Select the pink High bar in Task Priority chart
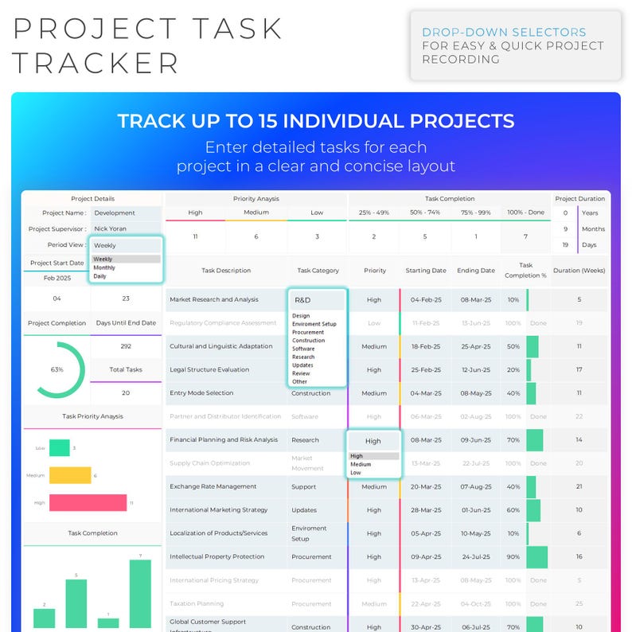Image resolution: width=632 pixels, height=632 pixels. click(88, 502)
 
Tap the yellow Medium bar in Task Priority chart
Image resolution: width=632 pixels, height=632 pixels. click(70, 475)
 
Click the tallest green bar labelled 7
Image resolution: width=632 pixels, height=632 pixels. click(140, 594)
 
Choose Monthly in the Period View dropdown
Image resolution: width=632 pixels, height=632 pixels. click(104, 267)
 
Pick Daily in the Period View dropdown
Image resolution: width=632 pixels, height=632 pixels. click(100, 276)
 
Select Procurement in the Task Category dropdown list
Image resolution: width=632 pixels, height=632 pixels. click(308, 333)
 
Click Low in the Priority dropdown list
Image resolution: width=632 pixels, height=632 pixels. click(355, 473)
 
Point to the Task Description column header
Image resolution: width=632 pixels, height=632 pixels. click(226, 271)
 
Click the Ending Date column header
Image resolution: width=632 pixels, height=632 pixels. click(475, 271)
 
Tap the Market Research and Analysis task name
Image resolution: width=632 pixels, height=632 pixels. click(214, 300)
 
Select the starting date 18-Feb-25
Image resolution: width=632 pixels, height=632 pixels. click(425, 347)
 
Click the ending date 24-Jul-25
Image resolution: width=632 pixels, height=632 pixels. click(475, 557)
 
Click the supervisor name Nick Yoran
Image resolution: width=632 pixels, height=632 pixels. click(110, 229)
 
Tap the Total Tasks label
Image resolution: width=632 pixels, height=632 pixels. click(126, 369)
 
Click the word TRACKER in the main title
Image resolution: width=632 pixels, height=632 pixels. click(96, 62)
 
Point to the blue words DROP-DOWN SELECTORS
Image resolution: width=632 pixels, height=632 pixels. click(504, 33)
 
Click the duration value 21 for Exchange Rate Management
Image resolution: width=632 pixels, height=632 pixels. click(579, 486)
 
